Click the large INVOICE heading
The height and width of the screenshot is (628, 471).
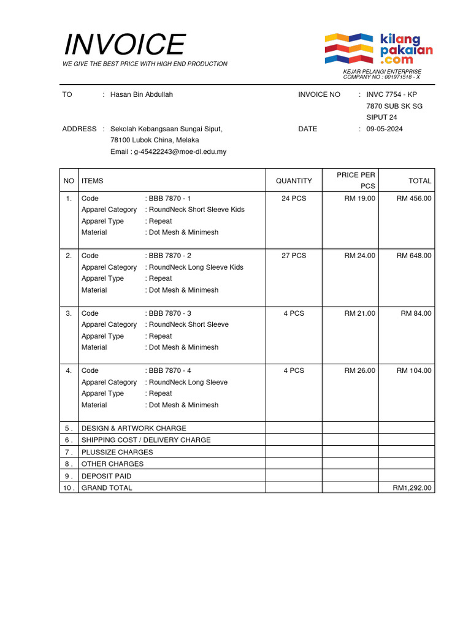pyautogui.click(x=124, y=45)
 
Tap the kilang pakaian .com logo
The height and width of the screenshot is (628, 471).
pyautogui.click(x=378, y=49)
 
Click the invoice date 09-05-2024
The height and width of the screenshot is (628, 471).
pyautogui.click(x=385, y=129)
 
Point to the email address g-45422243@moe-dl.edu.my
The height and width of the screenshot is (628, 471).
pyautogui.click(x=168, y=151)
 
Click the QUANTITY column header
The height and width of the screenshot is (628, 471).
pyautogui.click(x=294, y=181)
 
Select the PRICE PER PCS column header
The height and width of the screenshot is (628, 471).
pyautogui.click(x=356, y=180)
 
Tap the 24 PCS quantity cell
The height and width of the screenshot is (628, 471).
pyautogui.click(x=294, y=198)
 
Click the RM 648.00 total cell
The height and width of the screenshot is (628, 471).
pyautogui.click(x=413, y=256)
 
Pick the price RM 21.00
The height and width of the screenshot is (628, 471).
pyautogui.click(x=359, y=313)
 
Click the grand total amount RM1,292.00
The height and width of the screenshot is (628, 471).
pyautogui.click(x=412, y=488)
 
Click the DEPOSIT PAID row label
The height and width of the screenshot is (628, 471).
pyautogui.click(x=106, y=476)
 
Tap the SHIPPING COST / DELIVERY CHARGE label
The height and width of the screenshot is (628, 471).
pyautogui.click(x=146, y=440)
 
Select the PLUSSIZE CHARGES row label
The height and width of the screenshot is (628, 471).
pyautogui.click(x=117, y=452)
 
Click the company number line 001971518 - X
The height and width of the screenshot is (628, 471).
pyautogui.click(x=381, y=77)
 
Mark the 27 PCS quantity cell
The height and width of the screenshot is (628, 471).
pyautogui.click(x=294, y=256)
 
